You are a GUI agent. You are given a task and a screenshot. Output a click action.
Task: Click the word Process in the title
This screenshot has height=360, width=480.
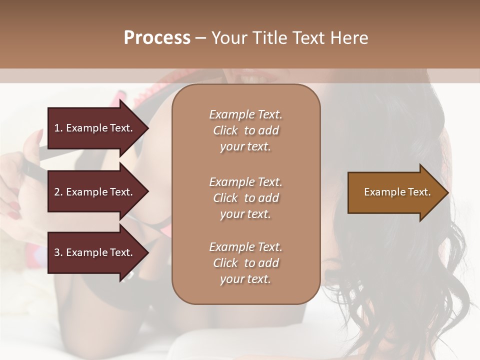coord(157,38)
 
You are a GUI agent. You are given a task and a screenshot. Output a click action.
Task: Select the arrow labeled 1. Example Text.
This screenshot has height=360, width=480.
coord(95,128)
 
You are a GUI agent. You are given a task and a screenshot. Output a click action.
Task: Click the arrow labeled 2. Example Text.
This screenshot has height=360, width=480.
coord(95,192)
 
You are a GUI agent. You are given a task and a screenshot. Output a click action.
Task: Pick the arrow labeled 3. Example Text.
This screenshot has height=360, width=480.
coord(95,252)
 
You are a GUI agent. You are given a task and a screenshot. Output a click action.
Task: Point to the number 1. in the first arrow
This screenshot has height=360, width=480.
coord(58,128)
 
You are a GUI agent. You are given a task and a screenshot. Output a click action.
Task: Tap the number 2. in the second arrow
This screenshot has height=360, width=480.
coord(58,192)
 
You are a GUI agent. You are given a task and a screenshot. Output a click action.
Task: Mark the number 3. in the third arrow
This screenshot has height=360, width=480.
coord(58,252)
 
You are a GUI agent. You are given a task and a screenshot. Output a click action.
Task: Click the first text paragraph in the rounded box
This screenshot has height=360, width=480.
coord(245,130)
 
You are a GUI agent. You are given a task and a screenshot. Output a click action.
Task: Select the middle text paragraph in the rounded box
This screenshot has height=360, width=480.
coord(245,198)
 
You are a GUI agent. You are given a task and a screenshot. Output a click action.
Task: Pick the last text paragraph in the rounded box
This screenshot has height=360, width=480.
coord(245,263)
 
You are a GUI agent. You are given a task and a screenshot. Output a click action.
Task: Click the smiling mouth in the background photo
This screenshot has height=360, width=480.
coord(254,77)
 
